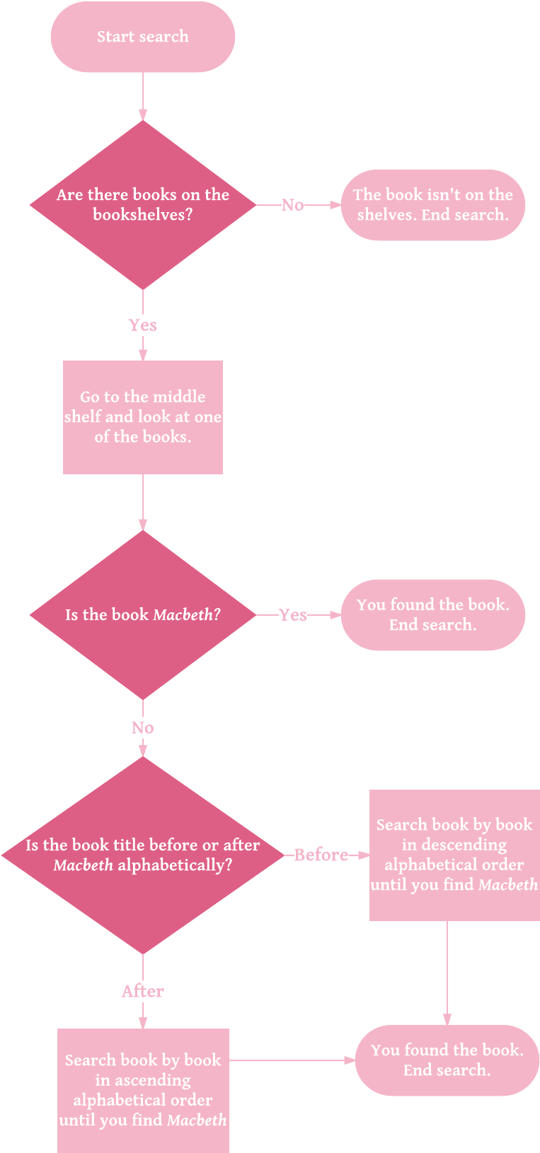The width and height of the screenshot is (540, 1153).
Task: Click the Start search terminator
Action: pyautogui.click(x=143, y=37)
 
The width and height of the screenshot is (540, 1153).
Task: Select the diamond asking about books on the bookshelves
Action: pyautogui.click(x=143, y=205)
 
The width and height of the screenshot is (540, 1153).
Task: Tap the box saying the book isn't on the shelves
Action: pyautogui.click(x=433, y=205)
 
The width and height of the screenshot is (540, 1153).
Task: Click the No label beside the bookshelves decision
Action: pyautogui.click(x=292, y=205)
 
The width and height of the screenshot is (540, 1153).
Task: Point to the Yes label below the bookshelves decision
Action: pyautogui.click(x=143, y=325)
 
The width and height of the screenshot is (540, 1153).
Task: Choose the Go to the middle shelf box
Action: pyautogui.click(x=143, y=417)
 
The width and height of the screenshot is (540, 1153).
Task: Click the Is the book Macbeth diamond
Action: pyautogui.click(x=143, y=615)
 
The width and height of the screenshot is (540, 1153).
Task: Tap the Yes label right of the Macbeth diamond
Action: pyautogui.click(x=292, y=615)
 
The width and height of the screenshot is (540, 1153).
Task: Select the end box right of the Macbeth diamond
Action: pyautogui.click(x=433, y=615)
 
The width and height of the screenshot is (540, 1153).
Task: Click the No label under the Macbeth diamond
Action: pyautogui.click(x=143, y=728)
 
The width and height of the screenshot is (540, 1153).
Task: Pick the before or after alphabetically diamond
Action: pyautogui.click(x=143, y=855)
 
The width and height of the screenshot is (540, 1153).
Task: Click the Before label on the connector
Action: pyautogui.click(x=321, y=855)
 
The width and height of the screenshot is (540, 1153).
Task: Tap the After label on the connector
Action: pyautogui.click(x=143, y=991)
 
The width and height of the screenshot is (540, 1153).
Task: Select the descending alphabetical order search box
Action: pyautogui.click(x=454, y=855)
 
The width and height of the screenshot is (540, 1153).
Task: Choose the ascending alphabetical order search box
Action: pyautogui.click(x=143, y=1090)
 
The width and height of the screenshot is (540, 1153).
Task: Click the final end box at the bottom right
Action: pyautogui.click(x=447, y=1060)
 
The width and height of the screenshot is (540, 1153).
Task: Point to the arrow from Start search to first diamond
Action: pyautogui.click(x=143, y=96)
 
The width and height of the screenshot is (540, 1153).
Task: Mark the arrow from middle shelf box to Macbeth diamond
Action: pyautogui.click(x=143, y=502)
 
